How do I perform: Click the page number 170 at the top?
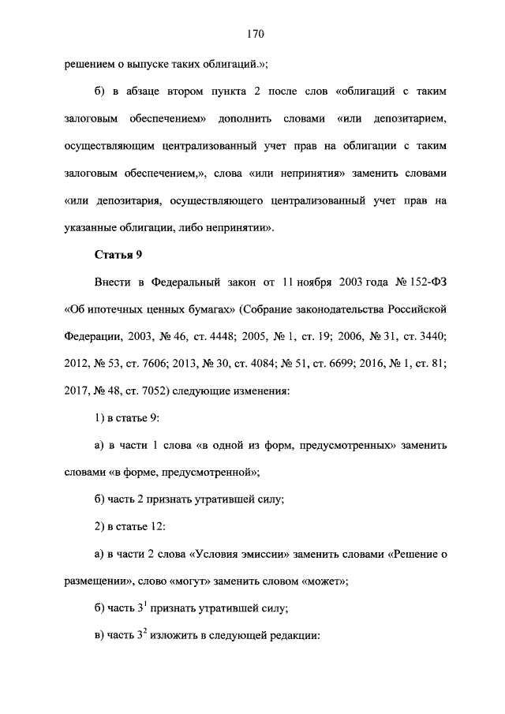(x=253, y=34)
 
